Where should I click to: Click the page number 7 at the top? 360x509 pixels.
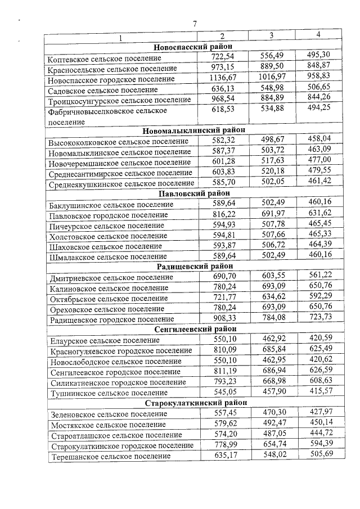click(x=195, y=24)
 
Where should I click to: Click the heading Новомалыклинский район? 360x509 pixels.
click(x=194, y=129)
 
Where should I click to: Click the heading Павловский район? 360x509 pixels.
click(x=194, y=193)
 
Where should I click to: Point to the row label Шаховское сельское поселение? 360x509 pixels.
click(x=101, y=246)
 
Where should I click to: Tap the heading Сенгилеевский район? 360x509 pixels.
click(x=194, y=329)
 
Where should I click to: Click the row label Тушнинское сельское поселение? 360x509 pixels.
click(x=101, y=393)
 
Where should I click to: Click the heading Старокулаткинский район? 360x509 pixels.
click(x=194, y=403)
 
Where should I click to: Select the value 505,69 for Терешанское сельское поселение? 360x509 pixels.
click(x=318, y=455)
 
